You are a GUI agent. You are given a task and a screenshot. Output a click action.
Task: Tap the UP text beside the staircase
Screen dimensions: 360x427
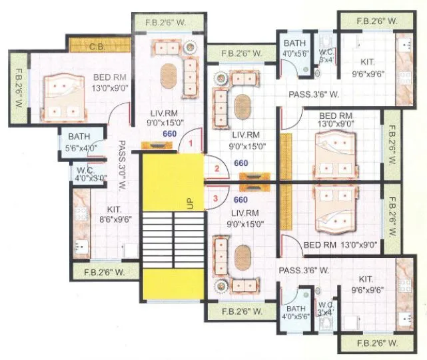tap(190, 203)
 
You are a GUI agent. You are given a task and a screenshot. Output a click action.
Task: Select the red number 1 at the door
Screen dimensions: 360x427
tap(190, 143)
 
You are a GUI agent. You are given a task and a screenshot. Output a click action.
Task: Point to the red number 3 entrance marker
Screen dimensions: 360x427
tap(215, 198)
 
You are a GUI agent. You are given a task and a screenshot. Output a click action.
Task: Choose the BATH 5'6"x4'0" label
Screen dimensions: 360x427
tap(81, 143)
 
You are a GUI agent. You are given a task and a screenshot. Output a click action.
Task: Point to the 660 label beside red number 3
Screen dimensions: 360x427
tap(240, 199)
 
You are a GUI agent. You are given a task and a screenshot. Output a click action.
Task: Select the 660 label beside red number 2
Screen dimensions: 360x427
tap(240, 163)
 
